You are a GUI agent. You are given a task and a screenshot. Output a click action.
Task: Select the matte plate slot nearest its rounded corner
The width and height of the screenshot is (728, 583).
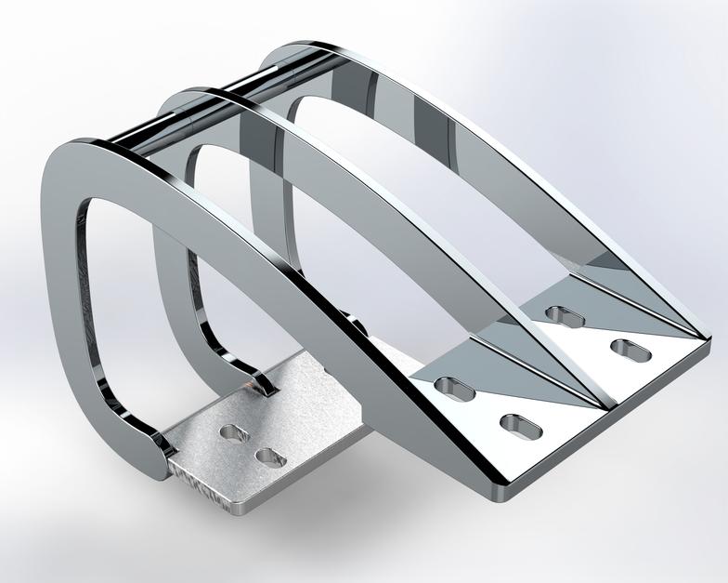point(269,457)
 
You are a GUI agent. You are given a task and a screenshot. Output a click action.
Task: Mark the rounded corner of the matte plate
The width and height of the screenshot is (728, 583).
point(243,508)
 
